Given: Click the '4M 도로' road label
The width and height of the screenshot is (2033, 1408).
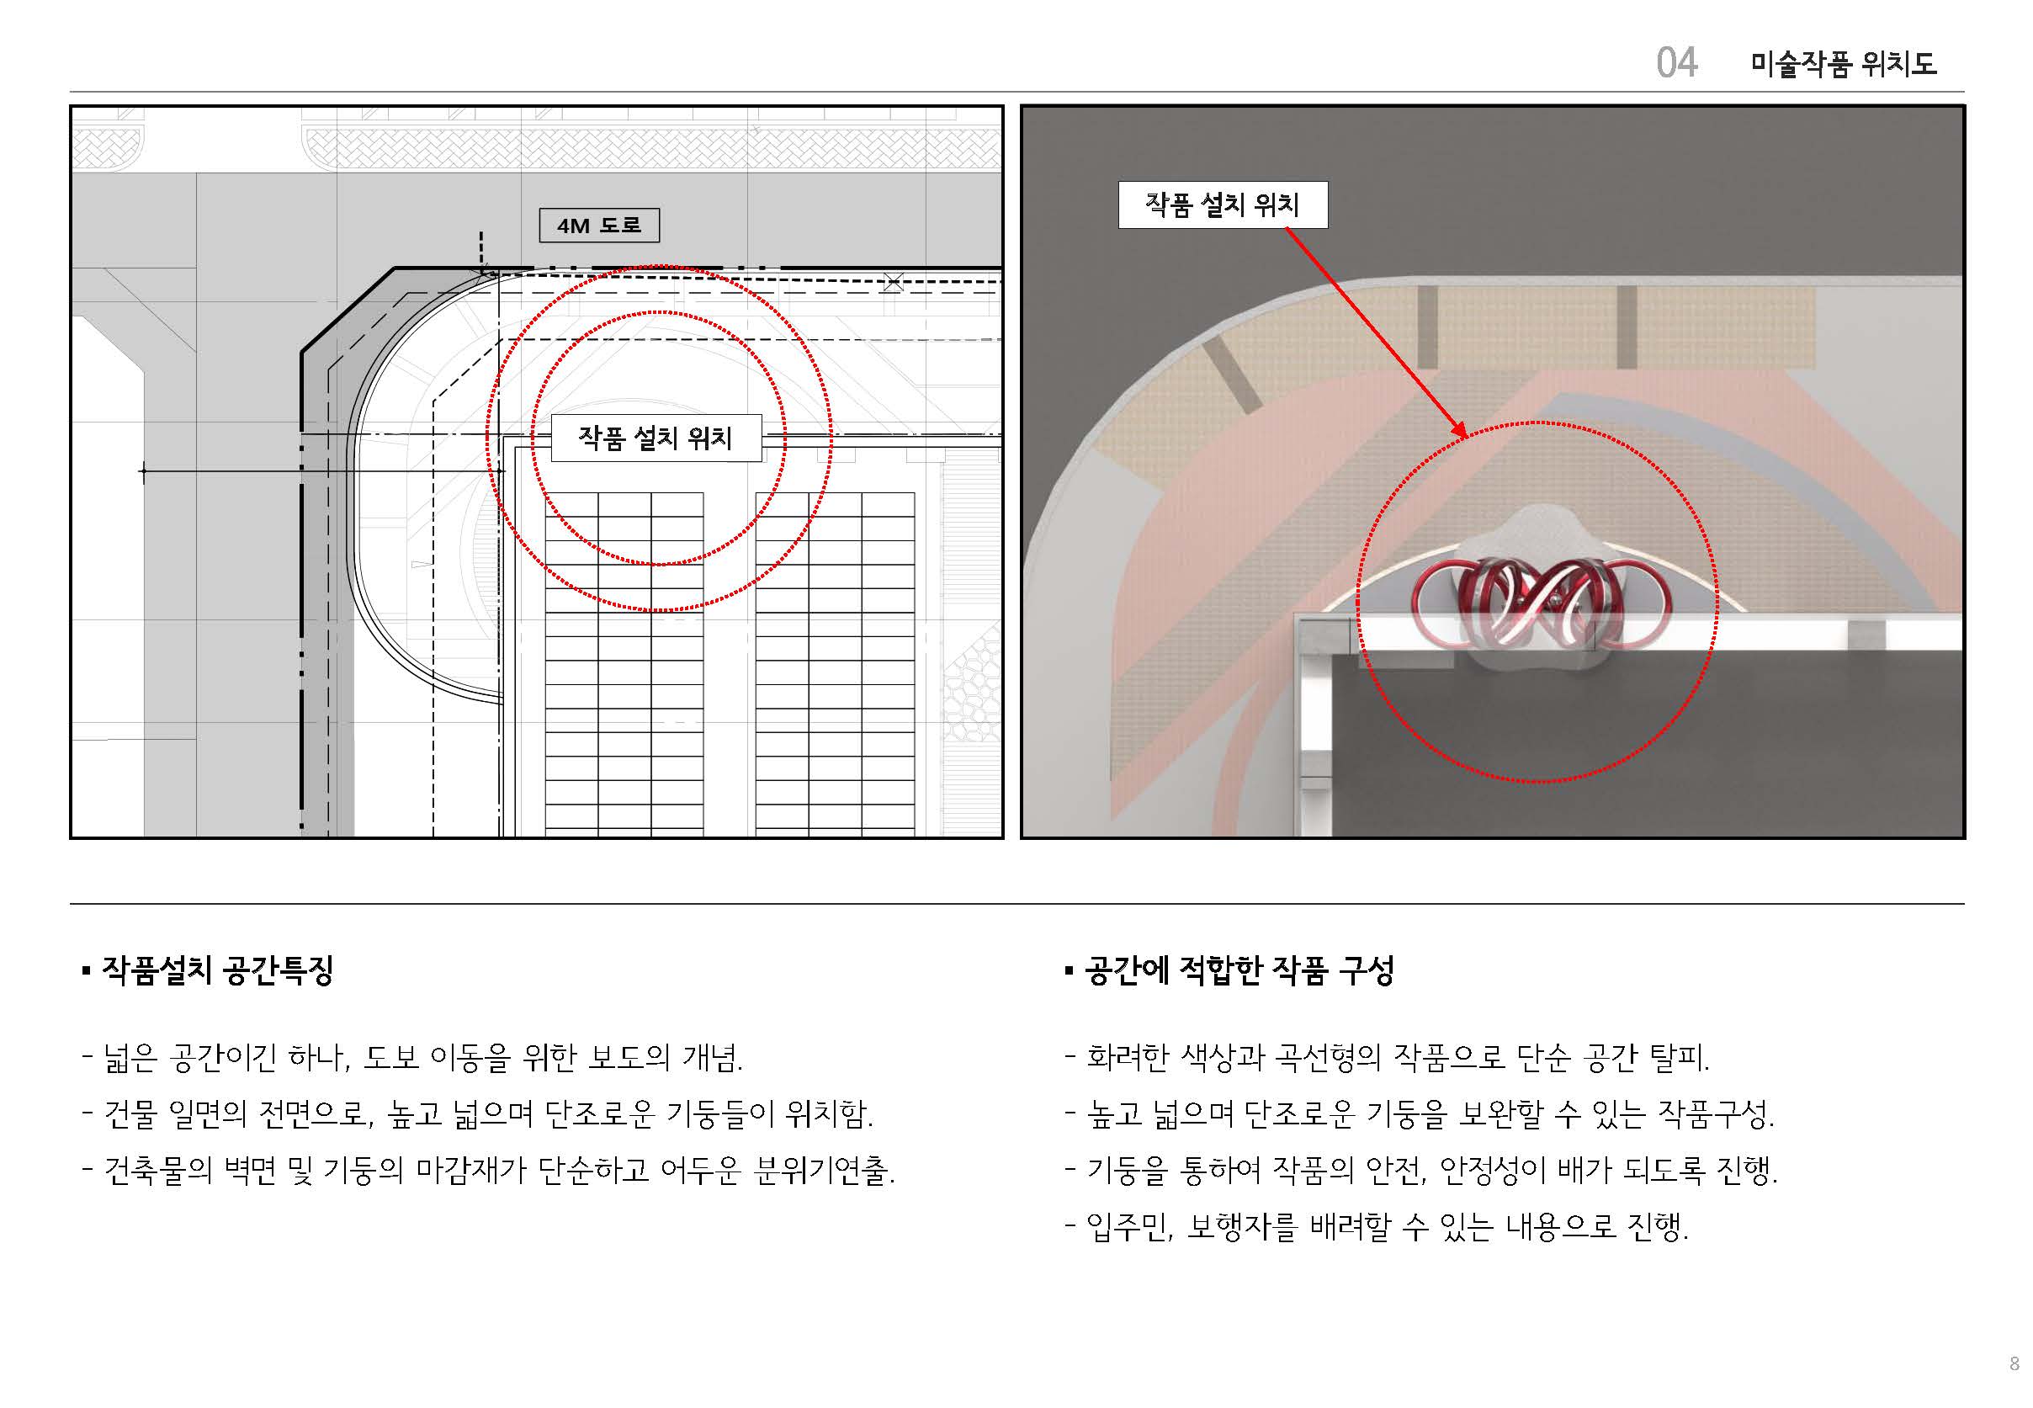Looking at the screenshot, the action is click(x=599, y=225).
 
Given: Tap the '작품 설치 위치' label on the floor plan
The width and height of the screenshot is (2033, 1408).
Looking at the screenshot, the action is click(x=656, y=438).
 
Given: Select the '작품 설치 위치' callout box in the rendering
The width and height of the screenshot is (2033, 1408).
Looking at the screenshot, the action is click(x=1223, y=205).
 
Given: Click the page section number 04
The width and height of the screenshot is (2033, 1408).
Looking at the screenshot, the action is click(x=1677, y=62).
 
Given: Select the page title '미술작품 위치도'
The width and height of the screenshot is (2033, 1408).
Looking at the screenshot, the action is click(x=1844, y=63).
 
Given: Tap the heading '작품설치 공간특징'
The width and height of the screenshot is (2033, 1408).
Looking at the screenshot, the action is click(x=217, y=970).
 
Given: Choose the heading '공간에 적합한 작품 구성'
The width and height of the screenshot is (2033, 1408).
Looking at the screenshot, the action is click(x=1239, y=970).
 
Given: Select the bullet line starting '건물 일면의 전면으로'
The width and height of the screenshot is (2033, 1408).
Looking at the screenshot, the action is click(x=477, y=1113).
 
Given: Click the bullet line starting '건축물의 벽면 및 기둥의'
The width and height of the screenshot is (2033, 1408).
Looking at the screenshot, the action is click(x=489, y=1170).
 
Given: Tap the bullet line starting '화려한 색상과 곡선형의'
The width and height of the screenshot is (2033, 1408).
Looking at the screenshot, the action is click(x=1388, y=1057).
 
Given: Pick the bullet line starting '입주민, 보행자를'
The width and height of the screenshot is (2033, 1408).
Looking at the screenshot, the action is click(x=1377, y=1226).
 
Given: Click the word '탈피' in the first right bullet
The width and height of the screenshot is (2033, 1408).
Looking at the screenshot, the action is click(x=1675, y=1057).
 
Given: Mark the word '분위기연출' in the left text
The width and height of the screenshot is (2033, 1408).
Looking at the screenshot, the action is click(x=820, y=1170).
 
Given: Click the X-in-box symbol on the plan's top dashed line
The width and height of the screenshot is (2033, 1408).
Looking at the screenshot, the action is click(x=893, y=282).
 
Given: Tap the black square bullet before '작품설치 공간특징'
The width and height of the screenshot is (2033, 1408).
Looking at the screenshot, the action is click(x=87, y=971).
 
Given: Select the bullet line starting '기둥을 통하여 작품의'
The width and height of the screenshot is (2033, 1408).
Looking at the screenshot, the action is click(x=1422, y=1170).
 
